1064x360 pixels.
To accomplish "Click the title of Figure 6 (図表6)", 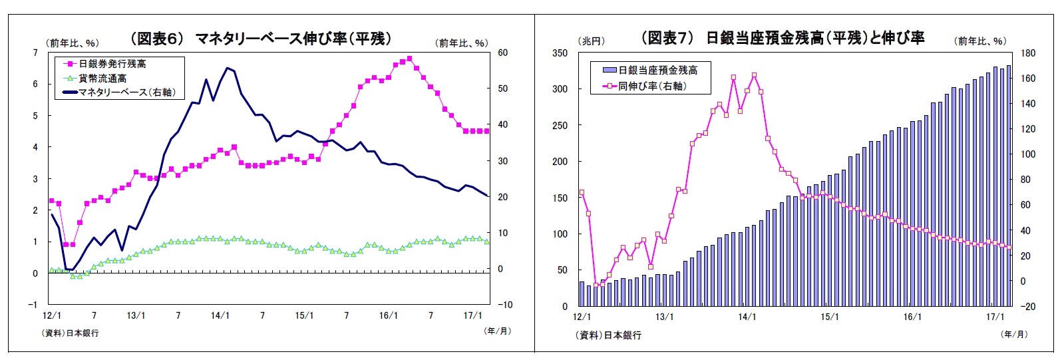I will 260,39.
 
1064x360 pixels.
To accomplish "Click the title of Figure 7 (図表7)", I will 783,38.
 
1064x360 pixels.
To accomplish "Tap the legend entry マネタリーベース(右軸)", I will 126,92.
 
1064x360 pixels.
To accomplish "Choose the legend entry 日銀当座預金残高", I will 657,70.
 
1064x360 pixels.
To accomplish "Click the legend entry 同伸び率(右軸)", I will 651,86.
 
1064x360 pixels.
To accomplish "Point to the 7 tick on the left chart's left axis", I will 35,53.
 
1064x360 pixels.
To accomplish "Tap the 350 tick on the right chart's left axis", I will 560,53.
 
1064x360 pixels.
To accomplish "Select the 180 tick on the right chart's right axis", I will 1027,53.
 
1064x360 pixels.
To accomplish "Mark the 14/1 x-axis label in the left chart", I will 220,315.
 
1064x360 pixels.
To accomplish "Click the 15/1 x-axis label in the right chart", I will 830,317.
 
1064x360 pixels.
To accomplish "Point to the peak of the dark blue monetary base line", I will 228,68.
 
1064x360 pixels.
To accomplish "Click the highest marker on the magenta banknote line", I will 409,59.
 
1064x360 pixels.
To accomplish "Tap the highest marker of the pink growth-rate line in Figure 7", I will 754,75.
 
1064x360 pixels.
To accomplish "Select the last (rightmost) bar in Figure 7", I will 1009,186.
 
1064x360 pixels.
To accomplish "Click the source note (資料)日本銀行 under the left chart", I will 71,333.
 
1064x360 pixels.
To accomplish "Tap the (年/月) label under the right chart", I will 1014,334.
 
